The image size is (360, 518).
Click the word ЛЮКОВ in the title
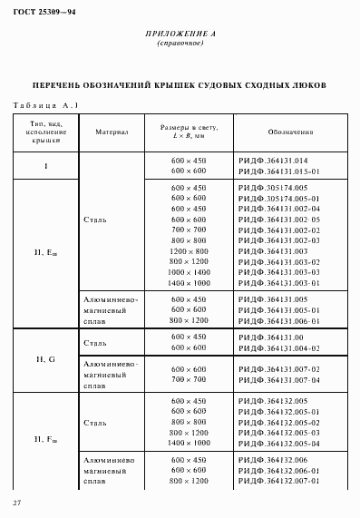(307, 85)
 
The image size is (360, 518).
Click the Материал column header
(111, 132)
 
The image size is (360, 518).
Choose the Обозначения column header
(290, 132)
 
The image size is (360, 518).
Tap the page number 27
(16, 503)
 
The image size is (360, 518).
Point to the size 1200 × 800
(190, 250)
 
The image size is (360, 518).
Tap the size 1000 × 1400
(190, 272)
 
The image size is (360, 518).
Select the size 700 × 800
(190, 230)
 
